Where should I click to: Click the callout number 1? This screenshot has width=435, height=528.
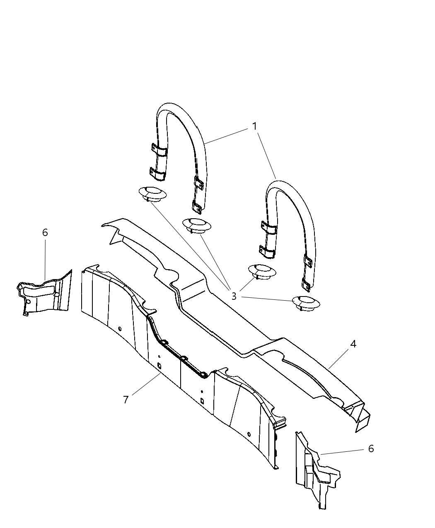[x=254, y=126]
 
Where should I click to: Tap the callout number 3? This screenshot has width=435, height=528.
[x=234, y=296]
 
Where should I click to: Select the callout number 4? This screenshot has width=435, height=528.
[x=353, y=344]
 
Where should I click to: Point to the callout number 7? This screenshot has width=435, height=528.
[x=126, y=400]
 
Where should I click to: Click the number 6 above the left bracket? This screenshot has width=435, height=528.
[x=45, y=232]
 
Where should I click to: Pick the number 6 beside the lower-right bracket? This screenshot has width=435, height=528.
[x=371, y=448]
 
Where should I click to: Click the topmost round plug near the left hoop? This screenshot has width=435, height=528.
[x=152, y=194]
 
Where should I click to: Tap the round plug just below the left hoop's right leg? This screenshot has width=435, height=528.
[x=197, y=226]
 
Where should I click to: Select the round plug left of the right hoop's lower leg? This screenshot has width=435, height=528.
[x=262, y=272]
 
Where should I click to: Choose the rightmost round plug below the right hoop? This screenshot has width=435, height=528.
[x=306, y=304]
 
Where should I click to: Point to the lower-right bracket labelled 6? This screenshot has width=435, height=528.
[x=318, y=471]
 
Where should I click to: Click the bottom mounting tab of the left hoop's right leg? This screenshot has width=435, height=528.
[x=197, y=207]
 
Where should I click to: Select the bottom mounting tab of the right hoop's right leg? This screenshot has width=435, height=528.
[x=306, y=285]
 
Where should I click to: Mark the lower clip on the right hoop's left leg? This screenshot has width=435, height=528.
[x=267, y=252]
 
